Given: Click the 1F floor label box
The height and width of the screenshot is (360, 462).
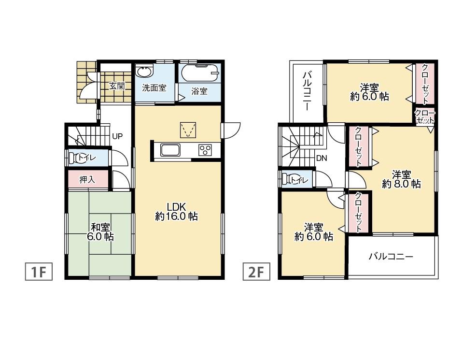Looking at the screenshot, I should pyautogui.click(x=38, y=272).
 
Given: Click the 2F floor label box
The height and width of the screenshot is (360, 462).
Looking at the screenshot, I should pyautogui.click(x=255, y=272).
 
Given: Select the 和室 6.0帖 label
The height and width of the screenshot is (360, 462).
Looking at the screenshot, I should pyautogui.click(x=100, y=231).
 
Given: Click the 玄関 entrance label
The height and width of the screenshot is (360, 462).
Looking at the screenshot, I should pyautogui.click(x=117, y=86).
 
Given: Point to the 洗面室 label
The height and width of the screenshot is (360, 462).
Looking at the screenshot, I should pyautogui.click(x=154, y=88).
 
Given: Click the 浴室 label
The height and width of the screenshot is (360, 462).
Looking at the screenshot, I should pyautogui.click(x=200, y=91).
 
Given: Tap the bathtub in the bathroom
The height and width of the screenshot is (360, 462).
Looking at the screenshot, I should pyautogui.click(x=200, y=73).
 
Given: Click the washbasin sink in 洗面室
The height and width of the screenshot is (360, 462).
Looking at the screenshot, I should pyautogui.click(x=144, y=72).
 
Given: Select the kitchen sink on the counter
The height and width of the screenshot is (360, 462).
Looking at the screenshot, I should pyautogui.click(x=170, y=150).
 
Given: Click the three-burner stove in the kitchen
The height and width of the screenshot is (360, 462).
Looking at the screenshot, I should pyautogui.click(x=205, y=150).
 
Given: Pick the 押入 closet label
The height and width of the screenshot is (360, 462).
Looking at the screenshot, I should pyautogui.click(x=87, y=179).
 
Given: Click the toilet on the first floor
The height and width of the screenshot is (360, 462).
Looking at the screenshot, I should pyautogui.click(x=76, y=157).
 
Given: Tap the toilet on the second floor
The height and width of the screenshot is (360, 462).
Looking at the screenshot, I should pyautogui.click(x=289, y=179).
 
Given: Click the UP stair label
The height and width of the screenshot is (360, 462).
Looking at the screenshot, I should pyautogui.click(x=117, y=136).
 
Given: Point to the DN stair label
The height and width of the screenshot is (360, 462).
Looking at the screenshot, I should pyautogui.click(x=321, y=158).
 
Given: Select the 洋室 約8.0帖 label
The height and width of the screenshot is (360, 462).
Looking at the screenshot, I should pyautogui.click(x=401, y=179).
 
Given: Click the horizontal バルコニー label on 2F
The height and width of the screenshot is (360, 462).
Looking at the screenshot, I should pyautogui.click(x=391, y=257).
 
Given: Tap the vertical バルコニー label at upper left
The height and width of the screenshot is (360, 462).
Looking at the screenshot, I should pyautogui.click(x=307, y=90).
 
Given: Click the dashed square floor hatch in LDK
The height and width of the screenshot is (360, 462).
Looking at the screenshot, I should pyautogui.click(x=187, y=130).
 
